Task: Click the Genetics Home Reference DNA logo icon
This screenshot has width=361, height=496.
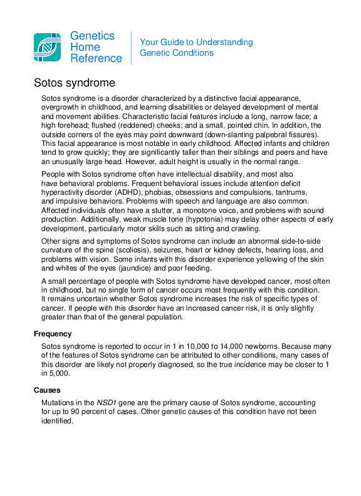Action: (x=47, y=47)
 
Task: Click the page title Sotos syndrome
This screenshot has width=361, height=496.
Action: (x=74, y=83)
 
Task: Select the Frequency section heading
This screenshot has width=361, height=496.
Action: (x=53, y=334)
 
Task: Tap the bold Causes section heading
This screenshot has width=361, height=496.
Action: (x=47, y=390)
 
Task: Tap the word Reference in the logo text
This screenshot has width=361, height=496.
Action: (x=96, y=58)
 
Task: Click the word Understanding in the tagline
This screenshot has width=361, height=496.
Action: (x=224, y=43)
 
